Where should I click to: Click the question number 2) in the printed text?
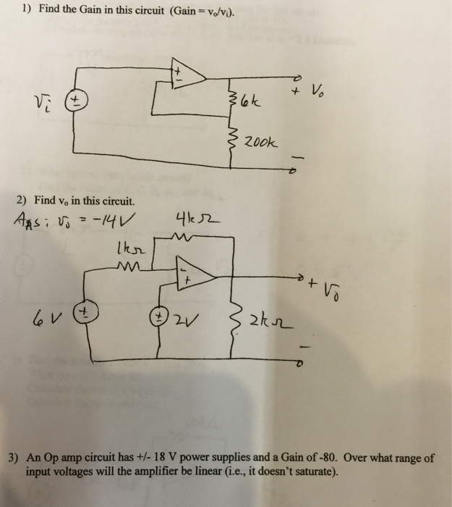click(x=26, y=200)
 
